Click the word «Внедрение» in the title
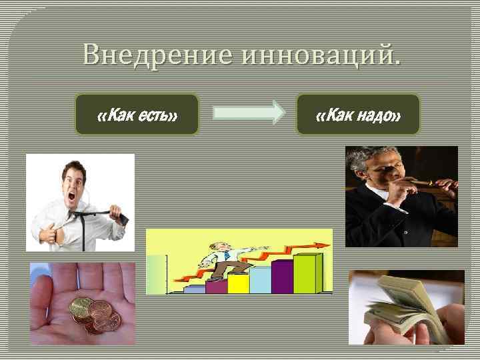pos(157,53)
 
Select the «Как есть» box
pos(137,115)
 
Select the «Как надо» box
pos(358,115)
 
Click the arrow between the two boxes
pos(249,113)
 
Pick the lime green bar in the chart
pos(307,273)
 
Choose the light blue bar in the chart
pos(260,279)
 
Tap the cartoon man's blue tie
pos(226,255)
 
